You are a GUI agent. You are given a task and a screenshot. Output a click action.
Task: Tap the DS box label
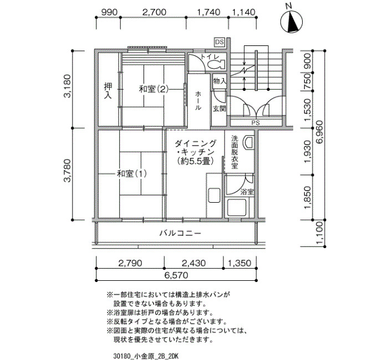pos(219,42)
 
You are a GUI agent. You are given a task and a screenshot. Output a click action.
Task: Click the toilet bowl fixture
pos(215,65)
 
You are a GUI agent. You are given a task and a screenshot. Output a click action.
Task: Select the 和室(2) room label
pos(154,89)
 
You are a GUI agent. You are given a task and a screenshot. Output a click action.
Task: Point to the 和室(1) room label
pos(132,173)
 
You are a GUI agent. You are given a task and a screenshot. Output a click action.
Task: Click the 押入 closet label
pos(108,91)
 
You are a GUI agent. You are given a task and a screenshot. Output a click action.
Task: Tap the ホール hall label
pos(198,101)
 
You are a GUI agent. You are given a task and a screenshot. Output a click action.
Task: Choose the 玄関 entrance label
pos(219,109)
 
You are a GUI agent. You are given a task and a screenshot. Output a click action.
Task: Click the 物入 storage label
pos(219,81)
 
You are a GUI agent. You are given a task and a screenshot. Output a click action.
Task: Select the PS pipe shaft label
pos(256,122)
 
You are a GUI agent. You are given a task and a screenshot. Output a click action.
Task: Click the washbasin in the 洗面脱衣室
pos(249,143)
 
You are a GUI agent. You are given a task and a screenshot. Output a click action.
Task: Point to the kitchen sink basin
pos(214,196)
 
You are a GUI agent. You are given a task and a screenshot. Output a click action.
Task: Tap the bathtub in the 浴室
pos(237,207)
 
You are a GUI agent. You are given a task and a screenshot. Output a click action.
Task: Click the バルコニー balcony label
pos(180,233)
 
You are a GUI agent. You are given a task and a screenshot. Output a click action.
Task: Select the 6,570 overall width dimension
pos(176,275)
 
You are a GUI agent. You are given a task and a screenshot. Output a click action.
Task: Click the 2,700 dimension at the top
pos(154,12)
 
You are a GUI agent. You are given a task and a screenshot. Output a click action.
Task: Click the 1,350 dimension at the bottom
pos(239,263)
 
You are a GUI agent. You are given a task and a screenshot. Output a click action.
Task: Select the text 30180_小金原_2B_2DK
pos(146,356)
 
